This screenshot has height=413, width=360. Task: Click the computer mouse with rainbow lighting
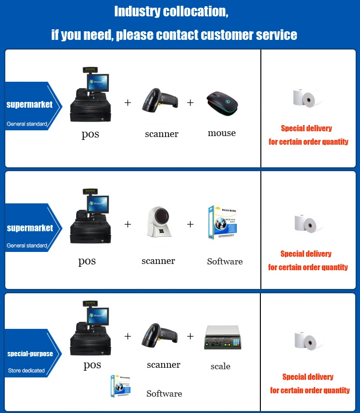(x=222, y=102)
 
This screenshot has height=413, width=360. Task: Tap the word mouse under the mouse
(x=222, y=133)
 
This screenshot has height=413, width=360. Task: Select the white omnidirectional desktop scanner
(x=158, y=224)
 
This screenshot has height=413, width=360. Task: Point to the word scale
(x=220, y=366)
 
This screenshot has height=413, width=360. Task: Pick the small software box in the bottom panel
(x=120, y=387)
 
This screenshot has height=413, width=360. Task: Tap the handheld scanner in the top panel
(x=159, y=100)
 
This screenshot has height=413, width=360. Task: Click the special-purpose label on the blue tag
(x=30, y=354)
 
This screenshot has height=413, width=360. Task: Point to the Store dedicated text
(x=26, y=370)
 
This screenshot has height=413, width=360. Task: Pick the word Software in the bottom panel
(x=164, y=394)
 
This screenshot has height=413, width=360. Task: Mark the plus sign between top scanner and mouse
(x=190, y=103)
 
